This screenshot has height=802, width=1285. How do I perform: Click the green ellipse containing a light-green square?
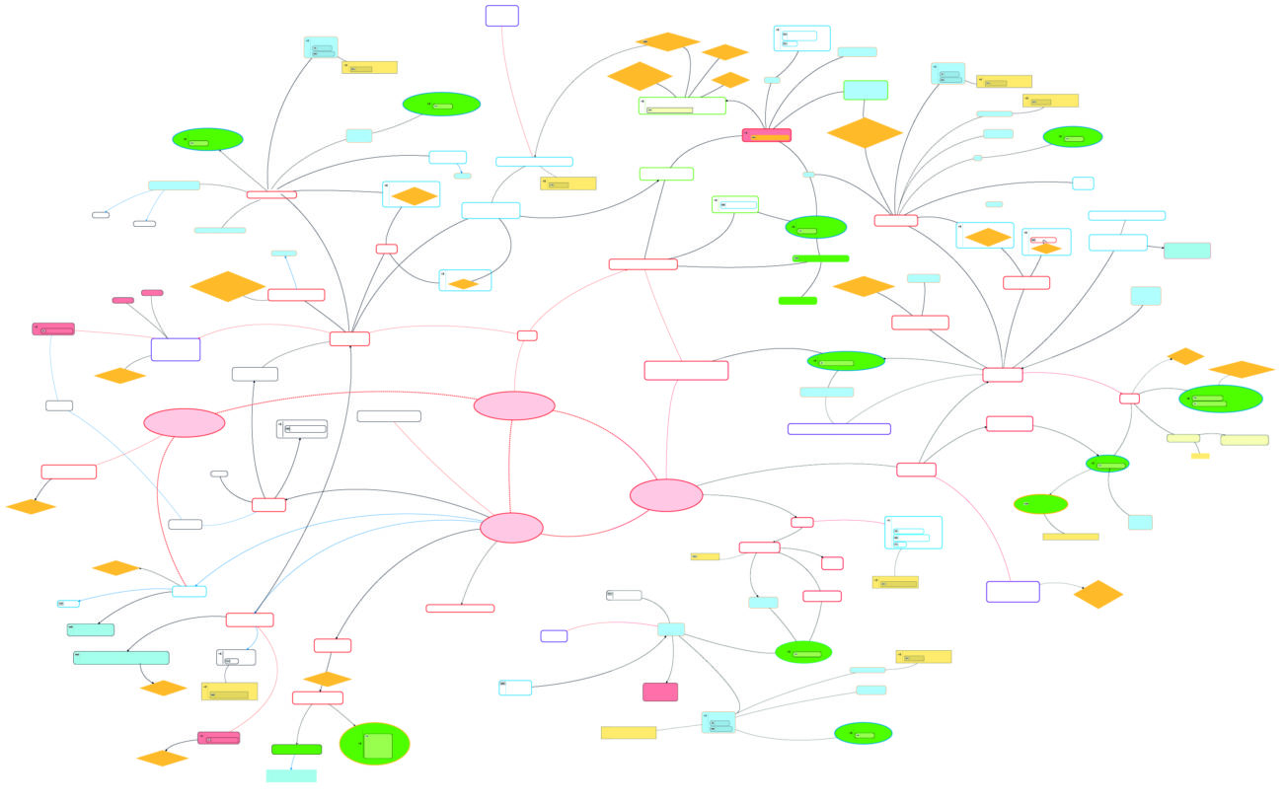point(374,744)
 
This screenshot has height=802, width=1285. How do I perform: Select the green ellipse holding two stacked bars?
point(1220,399)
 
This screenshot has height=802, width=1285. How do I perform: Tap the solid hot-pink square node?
point(659,692)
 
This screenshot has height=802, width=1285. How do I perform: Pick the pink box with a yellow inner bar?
point(766,135)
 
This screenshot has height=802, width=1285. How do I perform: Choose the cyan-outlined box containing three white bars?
point(913,533)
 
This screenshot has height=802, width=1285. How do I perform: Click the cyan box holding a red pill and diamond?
point(1046,242)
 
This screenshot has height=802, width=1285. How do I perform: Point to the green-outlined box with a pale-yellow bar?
point(681,106)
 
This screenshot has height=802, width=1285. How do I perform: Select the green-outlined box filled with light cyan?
point(865,90)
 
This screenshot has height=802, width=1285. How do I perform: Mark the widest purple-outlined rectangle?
point(839,429)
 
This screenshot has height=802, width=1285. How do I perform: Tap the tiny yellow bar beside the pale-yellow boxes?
point(1199,456)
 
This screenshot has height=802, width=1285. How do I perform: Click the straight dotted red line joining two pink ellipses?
point(510,464)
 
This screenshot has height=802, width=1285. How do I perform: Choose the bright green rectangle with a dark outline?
point(296,749)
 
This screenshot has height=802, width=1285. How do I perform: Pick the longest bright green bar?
point(820,258)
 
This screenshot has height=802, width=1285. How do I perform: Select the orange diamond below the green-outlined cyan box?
point(865,132)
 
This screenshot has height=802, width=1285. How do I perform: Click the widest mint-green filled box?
point(120,657)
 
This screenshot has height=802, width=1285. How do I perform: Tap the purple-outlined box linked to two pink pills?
point(176,349)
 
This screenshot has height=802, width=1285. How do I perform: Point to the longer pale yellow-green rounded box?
point(1244,440)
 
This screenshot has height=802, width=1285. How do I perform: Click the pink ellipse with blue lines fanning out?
point(511,528)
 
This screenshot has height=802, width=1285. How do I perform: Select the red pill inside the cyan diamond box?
point(1044,240)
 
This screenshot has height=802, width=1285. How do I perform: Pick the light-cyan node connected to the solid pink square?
point(671,629)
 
